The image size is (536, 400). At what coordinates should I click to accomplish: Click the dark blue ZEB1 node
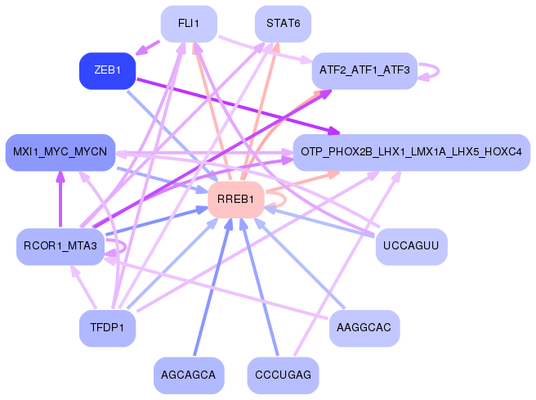coord(107,71)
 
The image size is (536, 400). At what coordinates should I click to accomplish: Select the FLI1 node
coord(189,24)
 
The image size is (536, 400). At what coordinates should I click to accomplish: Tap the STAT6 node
coord(283,24)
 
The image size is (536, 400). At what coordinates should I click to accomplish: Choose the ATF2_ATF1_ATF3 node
coord(364,71)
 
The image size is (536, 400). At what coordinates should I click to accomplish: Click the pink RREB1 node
coord(236,200)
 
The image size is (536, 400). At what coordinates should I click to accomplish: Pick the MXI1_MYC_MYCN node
coord(60,152)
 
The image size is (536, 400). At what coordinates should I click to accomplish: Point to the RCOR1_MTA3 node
coord(60,246)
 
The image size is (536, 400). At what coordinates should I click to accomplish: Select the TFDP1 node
coord(107,328)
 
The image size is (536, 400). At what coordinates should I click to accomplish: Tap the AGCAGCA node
coord(189,375)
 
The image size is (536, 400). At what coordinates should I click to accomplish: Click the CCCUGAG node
coord(283,375)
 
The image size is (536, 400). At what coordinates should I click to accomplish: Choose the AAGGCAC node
coord(364,328)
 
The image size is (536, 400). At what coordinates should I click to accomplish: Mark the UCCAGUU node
coord(412,246)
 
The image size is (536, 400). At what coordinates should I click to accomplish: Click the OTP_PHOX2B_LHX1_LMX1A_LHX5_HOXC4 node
coord(412,152)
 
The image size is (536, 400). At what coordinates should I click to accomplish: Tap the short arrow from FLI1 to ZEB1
coord(147,48)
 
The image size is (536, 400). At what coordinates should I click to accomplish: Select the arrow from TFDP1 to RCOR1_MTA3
coord(83,287)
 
